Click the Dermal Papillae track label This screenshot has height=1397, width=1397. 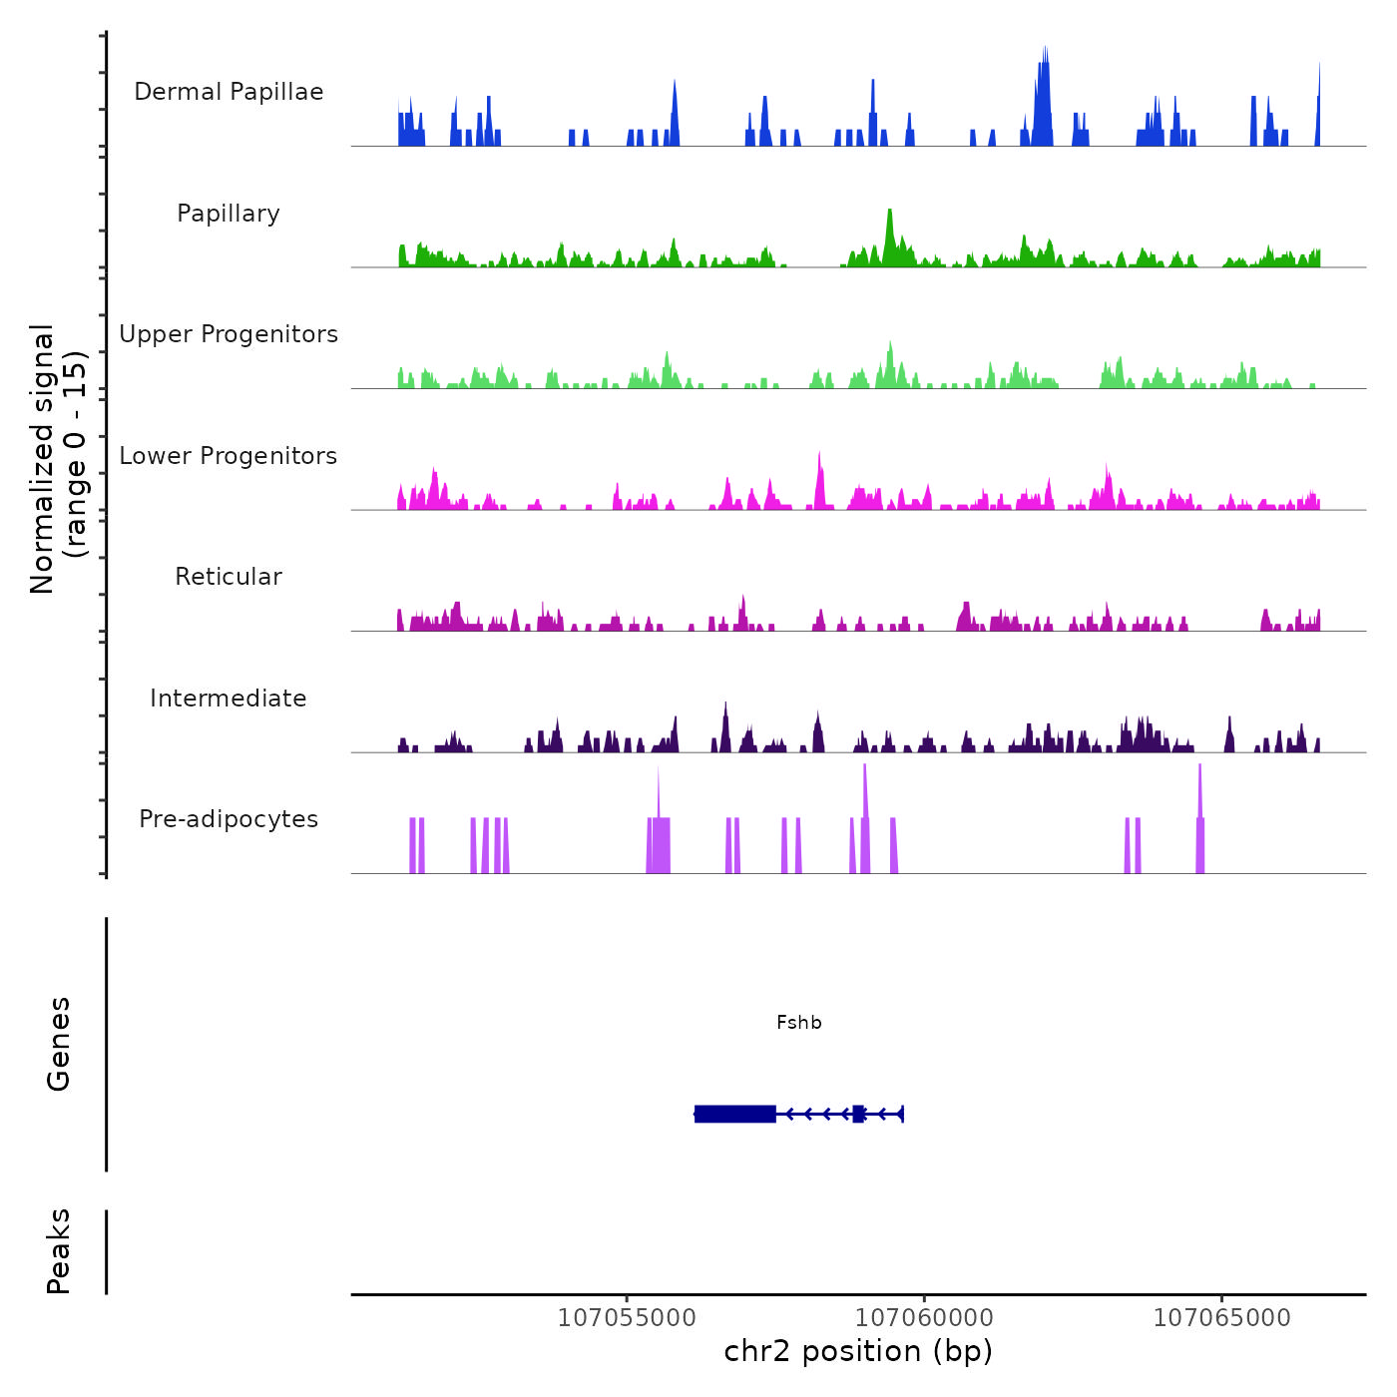pos(229,92)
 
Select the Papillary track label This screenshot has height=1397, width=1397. pos(229,214)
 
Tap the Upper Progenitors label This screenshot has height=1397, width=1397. pos(229,334)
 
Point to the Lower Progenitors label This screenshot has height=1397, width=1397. pos(229,456)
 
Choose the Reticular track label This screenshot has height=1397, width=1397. pos(229,577)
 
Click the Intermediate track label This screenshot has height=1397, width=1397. pos(229,698)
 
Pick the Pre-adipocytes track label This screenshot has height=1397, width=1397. pos(229,819)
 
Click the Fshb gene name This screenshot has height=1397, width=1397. pos(799,1022)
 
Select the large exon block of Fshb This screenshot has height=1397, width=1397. pos(735,1114)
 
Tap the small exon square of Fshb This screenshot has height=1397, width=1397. pos(858,1114)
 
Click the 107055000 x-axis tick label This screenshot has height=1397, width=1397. pos(627,1318)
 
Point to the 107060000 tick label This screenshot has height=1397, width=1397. pos(924,1318)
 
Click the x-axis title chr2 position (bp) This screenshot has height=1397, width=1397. pos(858,1351)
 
